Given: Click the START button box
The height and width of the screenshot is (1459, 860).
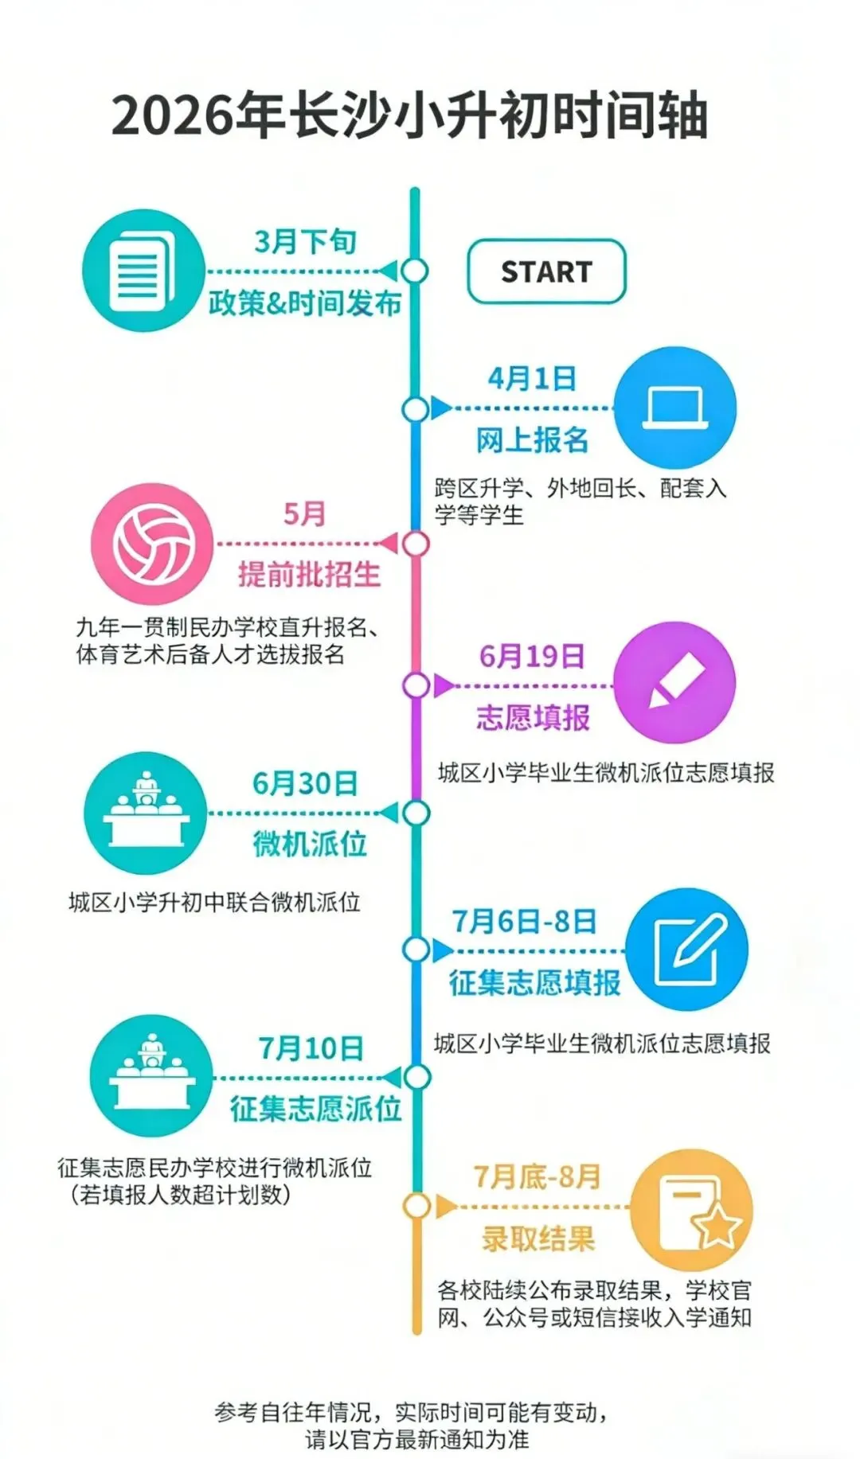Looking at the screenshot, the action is pos(546,271).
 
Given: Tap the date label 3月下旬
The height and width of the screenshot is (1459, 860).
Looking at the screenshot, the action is pos(305,241).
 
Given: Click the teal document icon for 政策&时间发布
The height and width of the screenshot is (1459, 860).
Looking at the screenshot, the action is pos(143,271).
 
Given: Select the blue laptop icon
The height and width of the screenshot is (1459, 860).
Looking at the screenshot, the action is pos(675,408).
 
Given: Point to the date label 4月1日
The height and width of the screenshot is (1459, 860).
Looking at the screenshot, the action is pos(532,378).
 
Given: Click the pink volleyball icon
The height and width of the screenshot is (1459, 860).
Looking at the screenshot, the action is pos(153,544).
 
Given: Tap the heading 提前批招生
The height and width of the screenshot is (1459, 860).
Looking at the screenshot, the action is pos(309,574).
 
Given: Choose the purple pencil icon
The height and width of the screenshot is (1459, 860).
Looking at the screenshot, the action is pos(675,682).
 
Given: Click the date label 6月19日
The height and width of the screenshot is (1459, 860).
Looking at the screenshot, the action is pos(532,656).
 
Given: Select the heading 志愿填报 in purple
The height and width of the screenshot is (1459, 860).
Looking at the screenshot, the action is pos(533,717).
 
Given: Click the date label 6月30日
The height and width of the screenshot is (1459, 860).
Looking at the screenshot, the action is pos(305,783).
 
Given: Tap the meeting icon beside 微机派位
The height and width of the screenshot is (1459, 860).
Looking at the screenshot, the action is pos(146,813).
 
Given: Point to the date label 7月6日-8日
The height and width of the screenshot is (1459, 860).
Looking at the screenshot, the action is pos(525,921).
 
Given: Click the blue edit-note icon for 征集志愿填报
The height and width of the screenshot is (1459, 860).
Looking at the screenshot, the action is pos(686,950).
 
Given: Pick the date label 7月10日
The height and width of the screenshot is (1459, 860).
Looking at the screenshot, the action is pos(311,1048).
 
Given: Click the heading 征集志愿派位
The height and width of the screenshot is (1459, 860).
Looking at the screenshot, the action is pos(315,1108).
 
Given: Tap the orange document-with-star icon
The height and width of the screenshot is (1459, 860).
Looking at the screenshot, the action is pos(691,1209).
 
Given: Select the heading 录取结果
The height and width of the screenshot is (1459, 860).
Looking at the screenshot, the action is pos(537,1239).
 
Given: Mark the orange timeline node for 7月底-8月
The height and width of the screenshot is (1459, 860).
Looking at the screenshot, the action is pos(416,1206).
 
